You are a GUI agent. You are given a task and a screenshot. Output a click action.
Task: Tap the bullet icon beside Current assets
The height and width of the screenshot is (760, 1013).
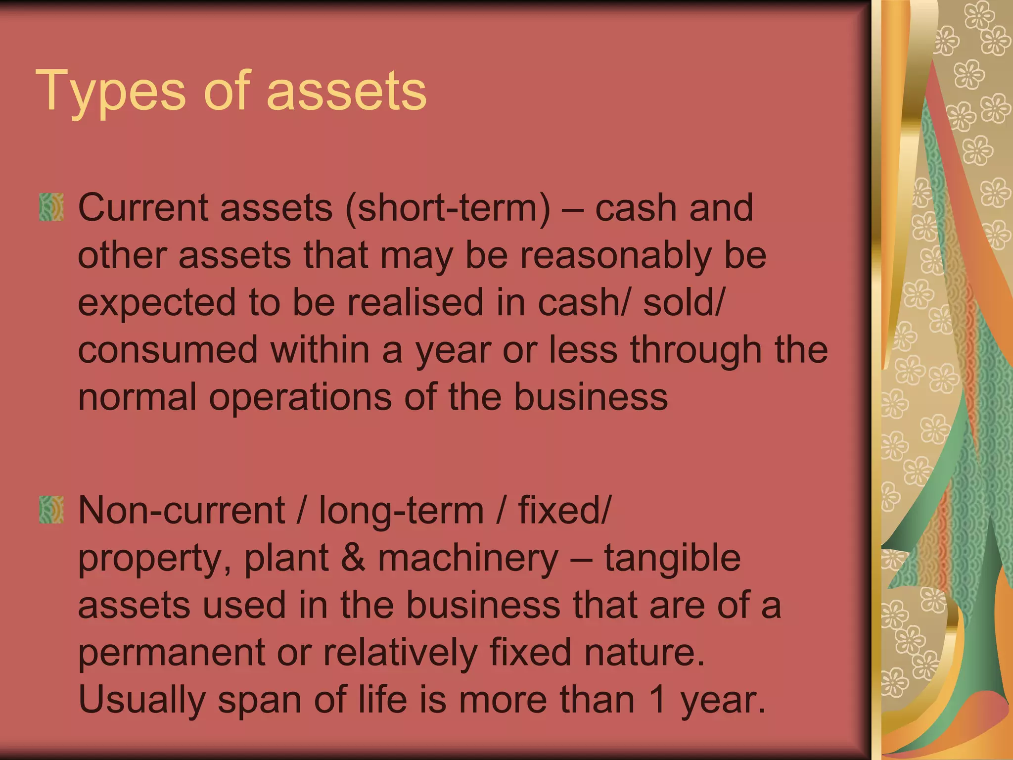[x=51, y=207]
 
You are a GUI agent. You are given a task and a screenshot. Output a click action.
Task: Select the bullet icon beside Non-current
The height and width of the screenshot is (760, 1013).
[x=51, y=510]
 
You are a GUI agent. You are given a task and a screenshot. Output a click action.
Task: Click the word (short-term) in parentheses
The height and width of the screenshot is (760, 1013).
[x=448, y=208]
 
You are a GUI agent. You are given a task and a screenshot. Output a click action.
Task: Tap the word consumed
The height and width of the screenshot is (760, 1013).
[x=168, y=350]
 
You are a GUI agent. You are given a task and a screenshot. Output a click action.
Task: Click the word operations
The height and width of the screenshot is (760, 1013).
[x=300, y=397]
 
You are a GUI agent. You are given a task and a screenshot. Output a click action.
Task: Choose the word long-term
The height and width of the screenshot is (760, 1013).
[x=401, y=510]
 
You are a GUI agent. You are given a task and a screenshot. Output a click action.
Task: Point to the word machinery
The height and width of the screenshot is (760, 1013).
[x=468, y=558]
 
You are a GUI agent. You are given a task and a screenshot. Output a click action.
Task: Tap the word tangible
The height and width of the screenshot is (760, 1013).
[x=672, y=558]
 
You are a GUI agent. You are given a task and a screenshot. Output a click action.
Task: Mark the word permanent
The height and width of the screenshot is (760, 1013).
[x=171, y=653]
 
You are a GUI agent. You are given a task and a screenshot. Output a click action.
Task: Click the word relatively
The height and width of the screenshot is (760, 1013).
[x=400, y=653]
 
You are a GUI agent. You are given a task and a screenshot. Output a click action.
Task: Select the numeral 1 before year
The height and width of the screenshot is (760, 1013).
[x=658, y=700]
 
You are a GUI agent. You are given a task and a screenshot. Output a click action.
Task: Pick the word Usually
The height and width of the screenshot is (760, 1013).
[x=141, y=700]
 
